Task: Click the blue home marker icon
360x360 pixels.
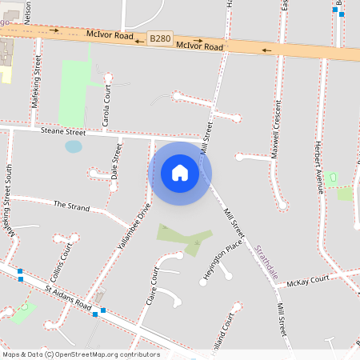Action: (x=180, y=173)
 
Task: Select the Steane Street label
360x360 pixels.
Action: (x=63, y=131)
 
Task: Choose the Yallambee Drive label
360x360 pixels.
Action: (x=133, y=227)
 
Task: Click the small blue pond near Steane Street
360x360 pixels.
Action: (x=74, y=146)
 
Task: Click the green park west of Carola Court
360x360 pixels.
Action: (x=74, y=93)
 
